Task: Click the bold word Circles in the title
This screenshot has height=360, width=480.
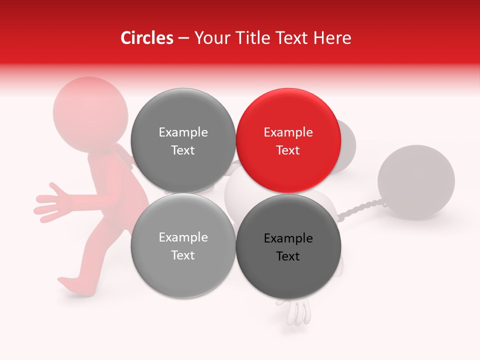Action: [146, 38]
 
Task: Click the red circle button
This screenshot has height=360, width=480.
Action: [288, 141]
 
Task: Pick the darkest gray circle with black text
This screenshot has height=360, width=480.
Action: [288, 247]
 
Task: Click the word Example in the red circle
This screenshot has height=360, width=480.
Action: [288, 132]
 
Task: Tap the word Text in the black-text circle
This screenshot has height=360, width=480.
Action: [288, 256]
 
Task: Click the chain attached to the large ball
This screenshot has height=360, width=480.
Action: [360, 209]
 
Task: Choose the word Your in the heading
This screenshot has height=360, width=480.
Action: [208, 38]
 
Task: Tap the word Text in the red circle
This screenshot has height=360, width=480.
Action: [288, 150]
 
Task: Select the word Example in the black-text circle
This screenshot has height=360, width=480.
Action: [288, 238]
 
